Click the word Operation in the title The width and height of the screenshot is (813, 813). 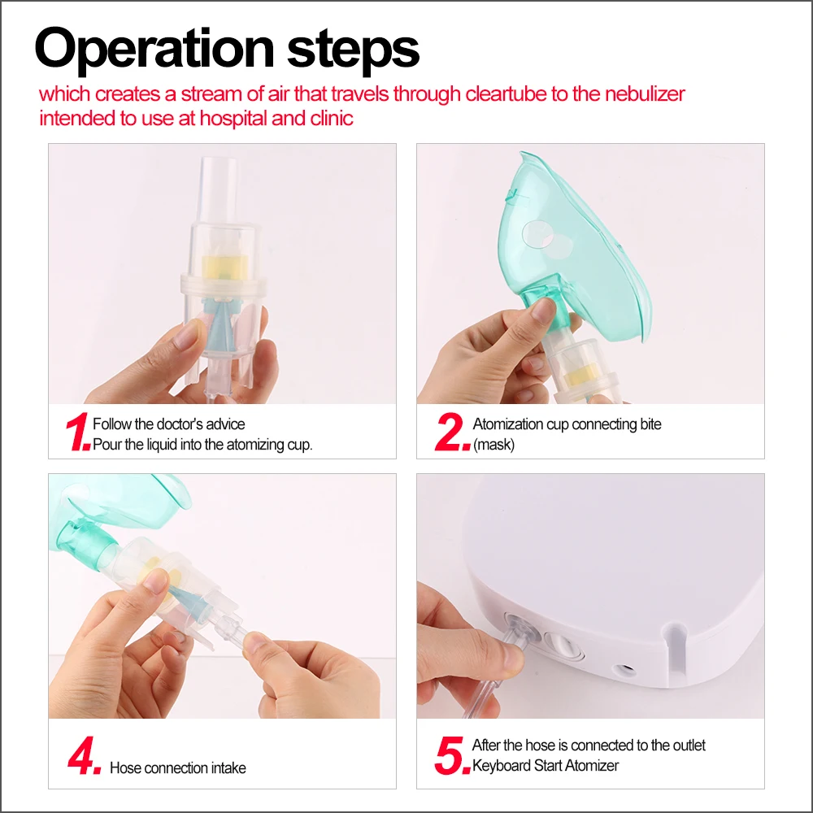(x=154, y=50)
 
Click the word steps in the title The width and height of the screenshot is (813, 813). (x=353, y=50)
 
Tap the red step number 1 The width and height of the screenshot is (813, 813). (x=78, y=432)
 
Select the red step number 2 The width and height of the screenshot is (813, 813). (x=451, y=432)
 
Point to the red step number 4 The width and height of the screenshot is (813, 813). (x=84, y=755)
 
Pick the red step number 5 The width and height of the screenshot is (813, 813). (x=452, y=755)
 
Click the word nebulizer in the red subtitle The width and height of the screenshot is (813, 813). (x=645, y=94)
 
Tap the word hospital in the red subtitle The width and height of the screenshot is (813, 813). (x=233, y=119)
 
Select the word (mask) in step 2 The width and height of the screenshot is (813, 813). (x=493, y=445)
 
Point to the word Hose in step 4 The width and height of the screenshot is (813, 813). (x=125, y=768)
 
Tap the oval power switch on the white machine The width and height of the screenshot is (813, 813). (x=562, y=645)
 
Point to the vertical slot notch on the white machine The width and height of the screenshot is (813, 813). (x=676, y=650)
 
